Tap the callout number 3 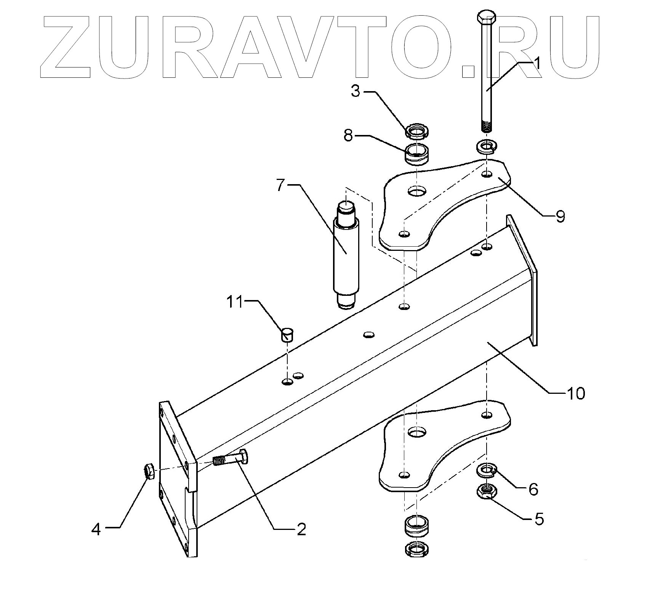point(356,92)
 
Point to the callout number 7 point(280,185)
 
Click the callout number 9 point(560,216)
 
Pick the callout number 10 point(577,393)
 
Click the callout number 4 point(96,529)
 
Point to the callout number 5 point(539,519)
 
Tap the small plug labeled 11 point(288,334)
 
